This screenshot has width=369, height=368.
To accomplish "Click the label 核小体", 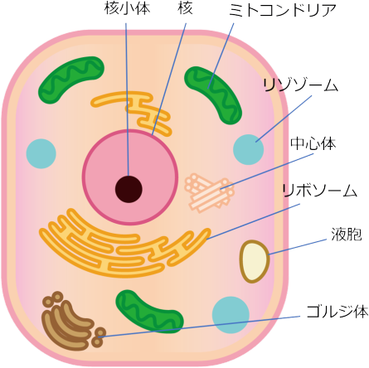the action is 128,8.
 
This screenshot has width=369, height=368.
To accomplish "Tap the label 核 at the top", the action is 185,8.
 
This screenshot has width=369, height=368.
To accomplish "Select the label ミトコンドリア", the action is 283,11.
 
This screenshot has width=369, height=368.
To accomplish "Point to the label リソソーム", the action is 300,85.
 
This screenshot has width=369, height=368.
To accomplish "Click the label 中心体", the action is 313,143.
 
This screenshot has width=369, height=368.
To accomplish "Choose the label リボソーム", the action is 319,191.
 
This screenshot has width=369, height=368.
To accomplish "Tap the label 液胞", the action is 347,235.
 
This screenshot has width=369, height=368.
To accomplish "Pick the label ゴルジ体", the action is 337,312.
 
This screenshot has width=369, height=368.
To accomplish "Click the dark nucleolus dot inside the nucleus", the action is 129,189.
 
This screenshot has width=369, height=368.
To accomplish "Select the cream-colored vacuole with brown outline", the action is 254,261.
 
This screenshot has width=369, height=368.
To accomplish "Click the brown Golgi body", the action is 72,322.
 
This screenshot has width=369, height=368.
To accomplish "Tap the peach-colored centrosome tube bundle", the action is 210,193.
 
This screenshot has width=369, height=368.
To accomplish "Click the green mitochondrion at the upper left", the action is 71,80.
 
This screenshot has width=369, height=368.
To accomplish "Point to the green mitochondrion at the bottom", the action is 149,312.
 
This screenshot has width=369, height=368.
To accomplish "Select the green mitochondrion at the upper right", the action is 213,95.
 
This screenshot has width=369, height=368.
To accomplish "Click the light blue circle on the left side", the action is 41,153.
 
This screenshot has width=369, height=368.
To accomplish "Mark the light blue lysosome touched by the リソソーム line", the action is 249,149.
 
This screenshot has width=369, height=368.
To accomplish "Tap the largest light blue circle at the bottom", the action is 231,315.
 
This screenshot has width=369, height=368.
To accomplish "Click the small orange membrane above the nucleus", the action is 132,111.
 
